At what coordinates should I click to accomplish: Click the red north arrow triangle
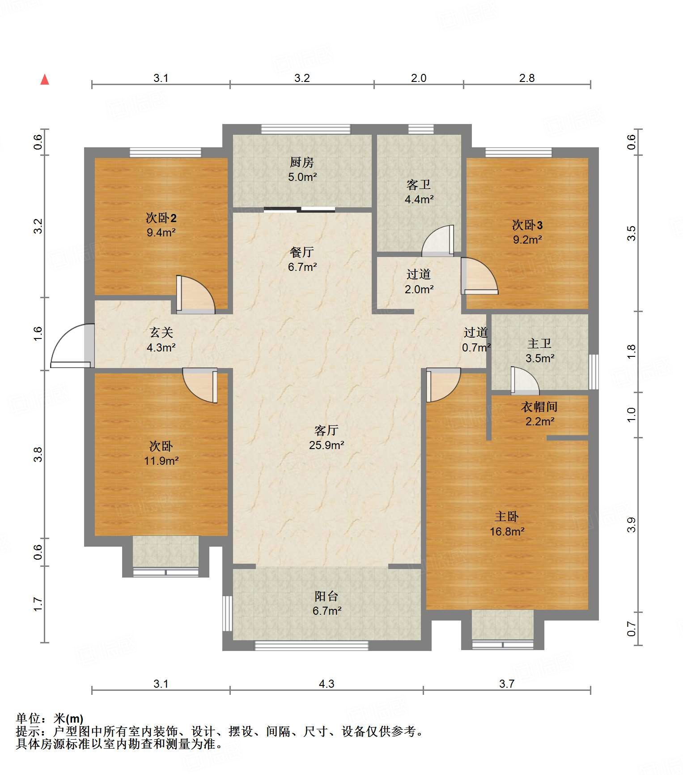pyautogui.click(x=45, y=79)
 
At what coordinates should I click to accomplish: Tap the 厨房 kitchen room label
pyautogui.click(x=302, y=162)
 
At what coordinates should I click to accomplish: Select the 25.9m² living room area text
pyautogui.click(x=327, y=445)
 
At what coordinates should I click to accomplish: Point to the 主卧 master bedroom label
pyautogui.click(x=507, y=517)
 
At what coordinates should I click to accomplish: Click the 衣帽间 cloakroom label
pyautogui.click(x=539, y=407)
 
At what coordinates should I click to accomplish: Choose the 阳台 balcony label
pyautogui.click(x=327, y=596)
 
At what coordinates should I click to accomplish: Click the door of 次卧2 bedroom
pyautogui.click(x=196, y=294)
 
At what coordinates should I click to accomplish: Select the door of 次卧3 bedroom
pyautogui.click(x=479, y=276)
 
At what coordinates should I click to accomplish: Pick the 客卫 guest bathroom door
pyautogui.click(x=438, y=240)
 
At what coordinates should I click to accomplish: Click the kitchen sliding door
pyautogui.click(x=299, y=209)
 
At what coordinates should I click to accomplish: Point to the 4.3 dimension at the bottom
pyautogui.click(x=327, y=684)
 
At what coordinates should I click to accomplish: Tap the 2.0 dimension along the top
pyautogui.click(x=419, y=78)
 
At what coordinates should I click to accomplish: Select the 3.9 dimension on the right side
pyautogui.click(x=631, y=525)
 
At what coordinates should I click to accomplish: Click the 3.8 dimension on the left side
pyautogui.click(x=38, y=454)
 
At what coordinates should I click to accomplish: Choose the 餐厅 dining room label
pyautogui.click(x=302, y=252)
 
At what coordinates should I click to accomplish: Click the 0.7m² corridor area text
pyautogui.click(x=476, y=347)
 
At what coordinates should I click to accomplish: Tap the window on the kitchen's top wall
pyautogui.click(x=306, y=129)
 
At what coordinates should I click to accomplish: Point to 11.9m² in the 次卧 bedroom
pyautogui.click(x=161, y=460)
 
